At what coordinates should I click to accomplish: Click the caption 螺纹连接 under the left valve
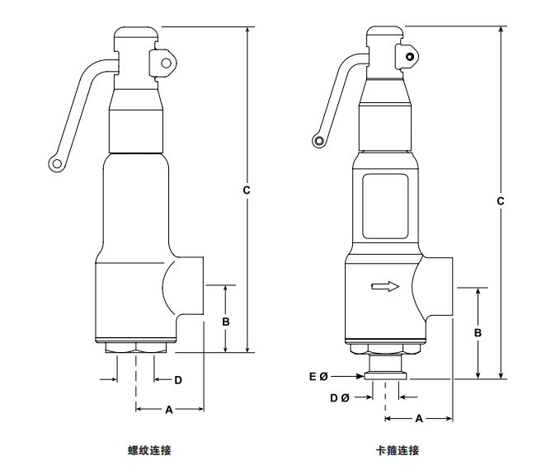149,450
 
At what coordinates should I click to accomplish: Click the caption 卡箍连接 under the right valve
398,450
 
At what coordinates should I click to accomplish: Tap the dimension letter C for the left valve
247,190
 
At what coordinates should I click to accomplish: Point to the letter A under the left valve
169,409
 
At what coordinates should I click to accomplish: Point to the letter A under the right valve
418,419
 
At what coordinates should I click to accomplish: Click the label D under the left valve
177,380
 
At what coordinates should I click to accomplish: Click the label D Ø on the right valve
337,397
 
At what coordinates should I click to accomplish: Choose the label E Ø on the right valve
318,377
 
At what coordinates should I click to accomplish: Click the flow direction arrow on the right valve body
385,287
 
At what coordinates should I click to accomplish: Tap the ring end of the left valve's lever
55,165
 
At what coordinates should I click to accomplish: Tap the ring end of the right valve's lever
318,142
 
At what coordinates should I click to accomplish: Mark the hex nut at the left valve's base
136,350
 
